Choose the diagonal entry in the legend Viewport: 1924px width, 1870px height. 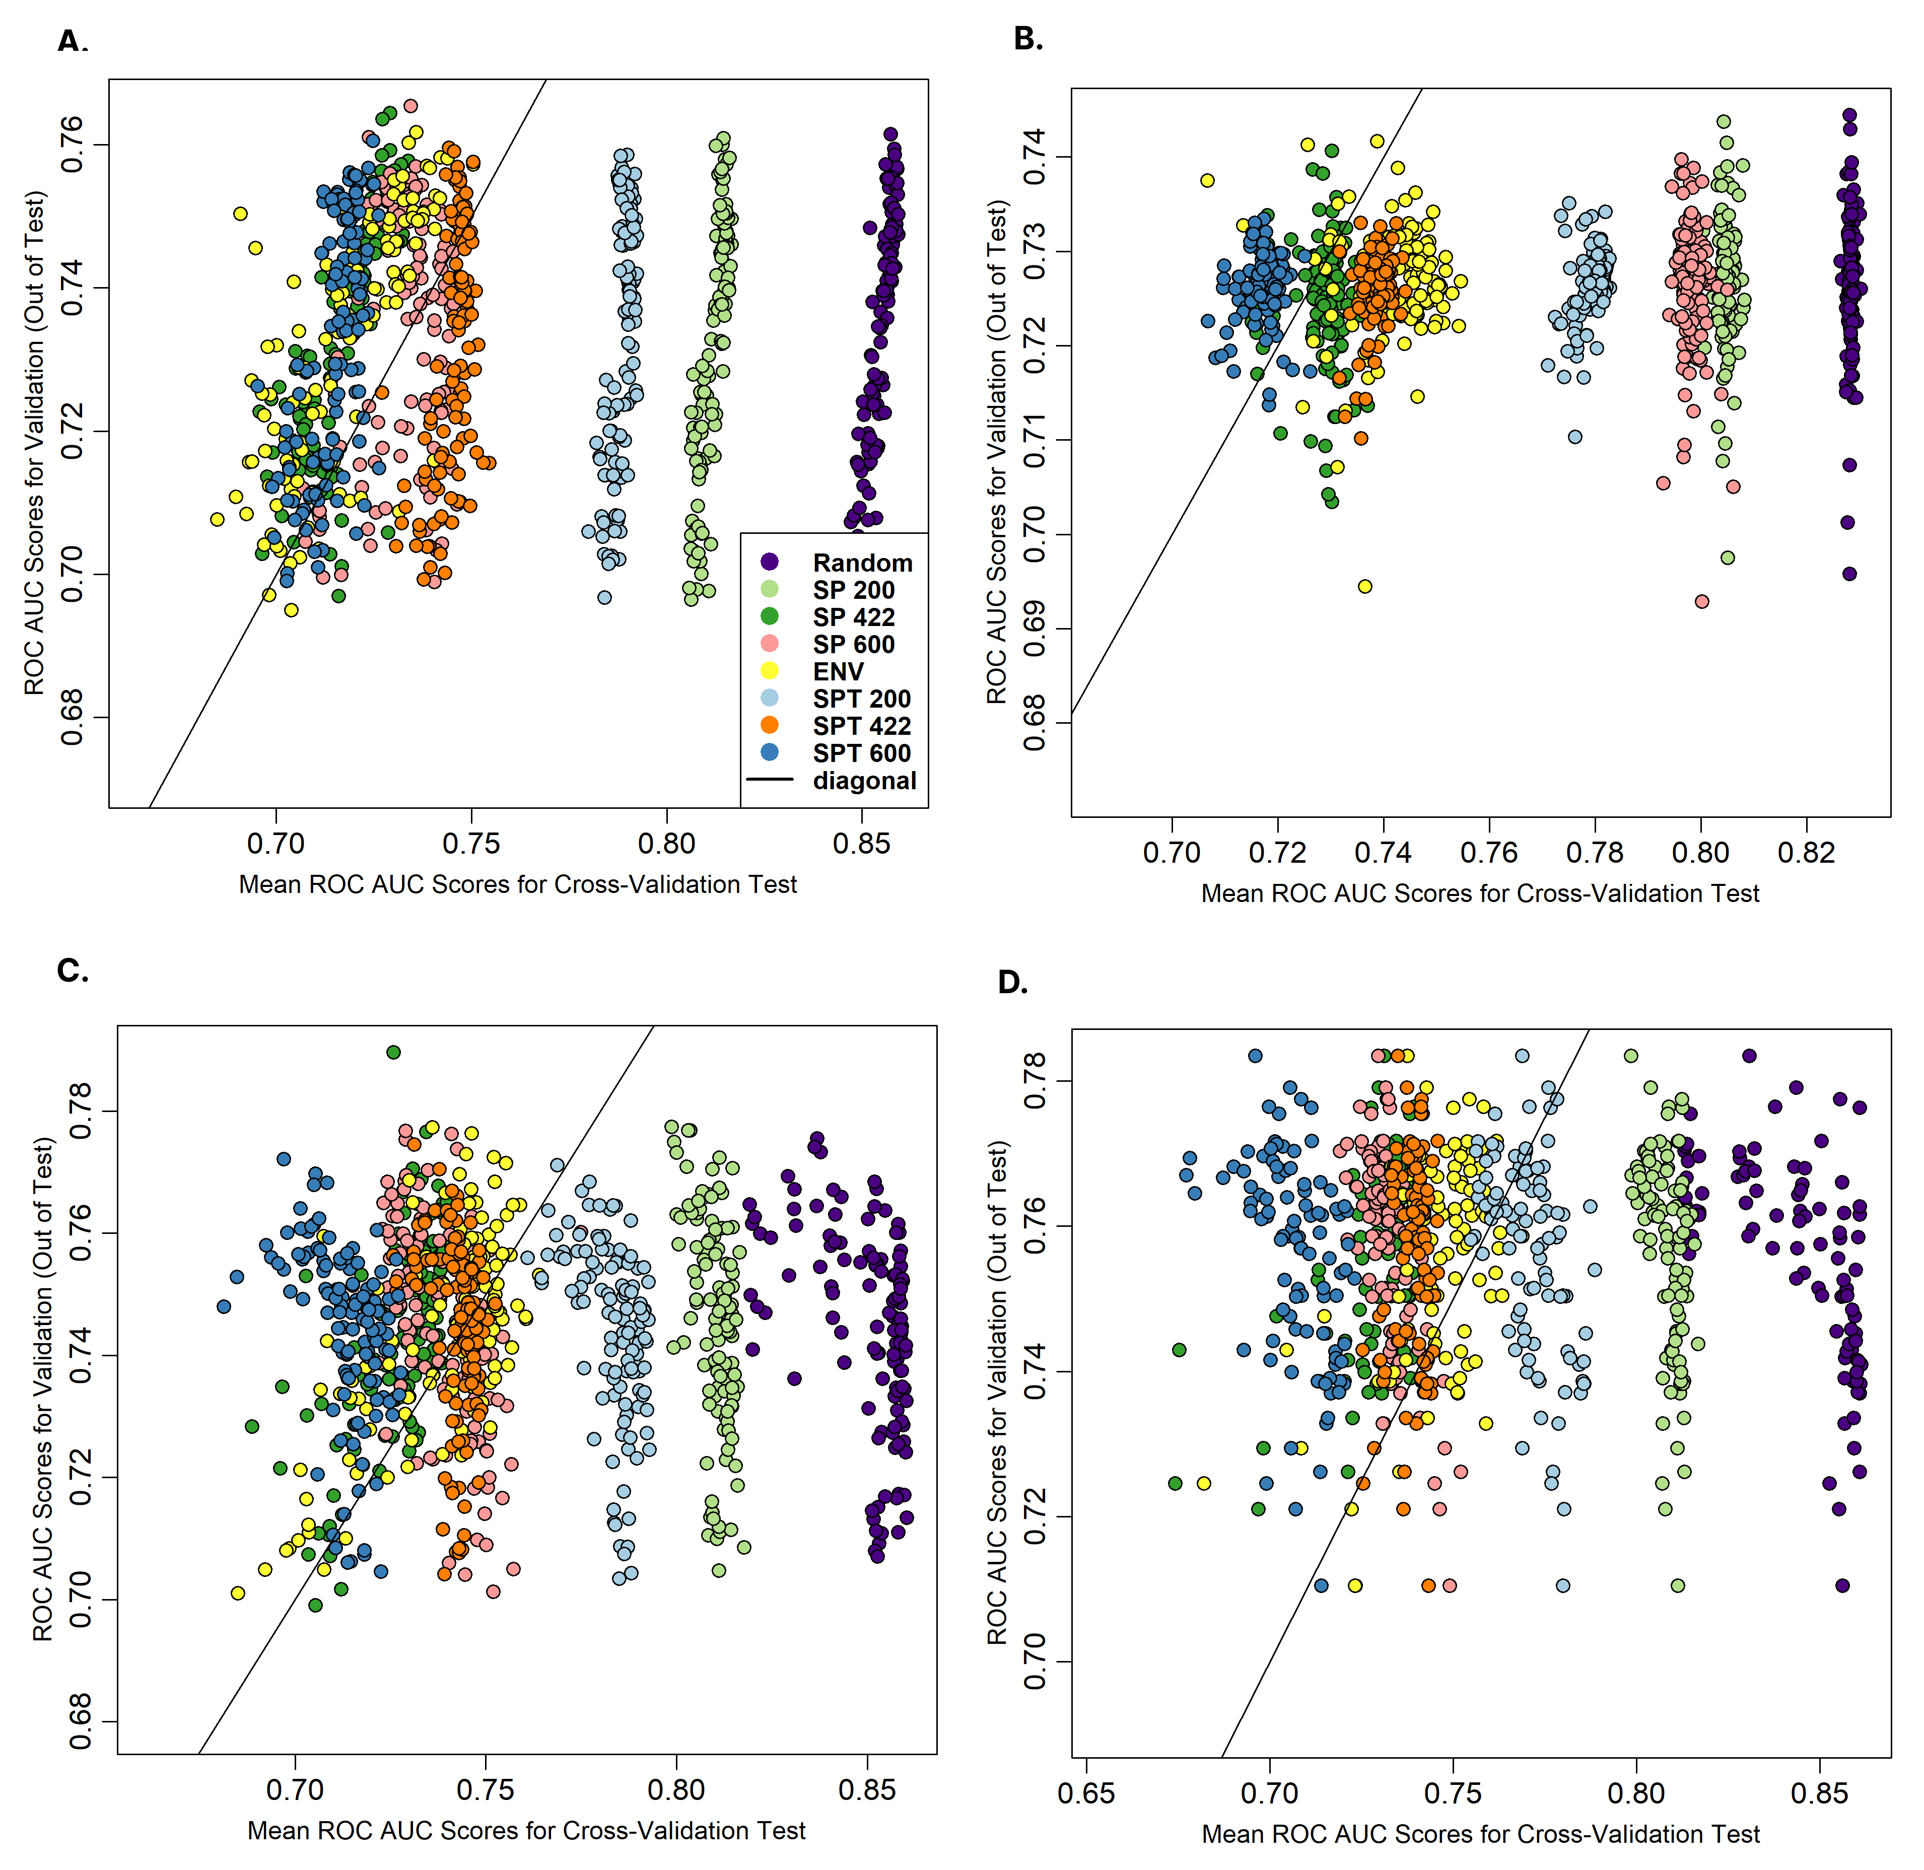tap(864, 781)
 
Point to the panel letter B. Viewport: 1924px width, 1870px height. tap(1027, 39)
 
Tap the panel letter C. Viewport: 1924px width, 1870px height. tap(72, 971)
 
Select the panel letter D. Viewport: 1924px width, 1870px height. tap(1011, 982)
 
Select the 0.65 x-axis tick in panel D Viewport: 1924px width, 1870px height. tap(1086, 1794)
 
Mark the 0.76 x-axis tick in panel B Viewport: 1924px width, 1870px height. tap(1489, 853)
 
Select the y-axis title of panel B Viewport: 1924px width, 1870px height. tap(998, 452)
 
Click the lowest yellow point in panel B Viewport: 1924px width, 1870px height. tap(1365, 586)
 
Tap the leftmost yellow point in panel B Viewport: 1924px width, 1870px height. tap(1207, 181)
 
